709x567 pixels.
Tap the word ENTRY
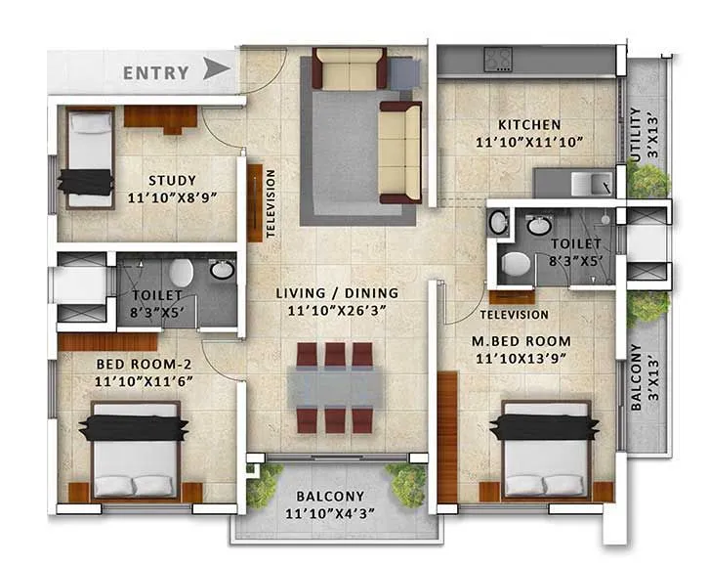[x=156, y=72]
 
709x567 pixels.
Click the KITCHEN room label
[x=529, y=125]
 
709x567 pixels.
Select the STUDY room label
[x=172, y=180]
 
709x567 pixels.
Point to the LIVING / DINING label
[x=337, y=292]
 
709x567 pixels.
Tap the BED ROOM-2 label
[x=136, y=365]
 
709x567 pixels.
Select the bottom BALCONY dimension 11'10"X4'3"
[x=331, y=513]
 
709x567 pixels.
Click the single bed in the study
[x=89, y=156]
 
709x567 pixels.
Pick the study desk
[x=161, y=116]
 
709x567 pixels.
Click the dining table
[x=336, y=387]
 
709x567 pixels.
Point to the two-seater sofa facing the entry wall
[x=350, y=70]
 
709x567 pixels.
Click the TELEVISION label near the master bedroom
[x=515, y=315]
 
